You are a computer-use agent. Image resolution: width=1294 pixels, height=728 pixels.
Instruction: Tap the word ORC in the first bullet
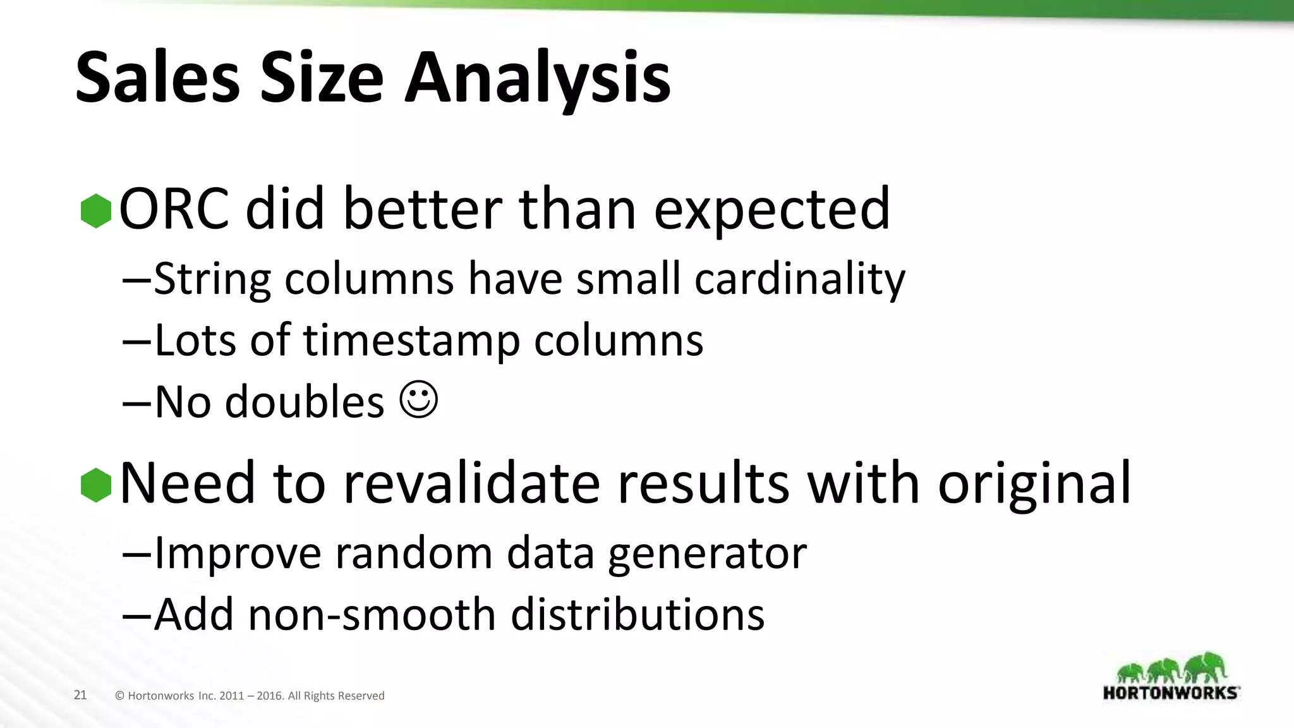(x=174, y=209)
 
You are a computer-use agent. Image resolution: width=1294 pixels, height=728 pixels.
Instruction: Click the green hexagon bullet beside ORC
(x=96, y=210)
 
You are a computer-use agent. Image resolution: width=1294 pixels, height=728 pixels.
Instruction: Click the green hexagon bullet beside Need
(x=96, y=485)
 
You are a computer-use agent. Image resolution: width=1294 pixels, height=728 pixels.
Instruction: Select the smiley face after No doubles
(x=419, y=399)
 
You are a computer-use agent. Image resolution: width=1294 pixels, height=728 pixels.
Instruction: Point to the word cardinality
(x=799, y=279)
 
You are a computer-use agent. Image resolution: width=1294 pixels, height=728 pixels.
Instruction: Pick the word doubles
(x=305, y=402)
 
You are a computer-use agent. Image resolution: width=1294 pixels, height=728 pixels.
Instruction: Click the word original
(x=1034, y=485)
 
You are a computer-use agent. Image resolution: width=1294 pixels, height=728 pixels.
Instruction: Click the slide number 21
(x=80, y=695)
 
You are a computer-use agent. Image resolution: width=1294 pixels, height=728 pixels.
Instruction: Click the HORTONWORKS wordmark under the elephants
(x=1170, y=693)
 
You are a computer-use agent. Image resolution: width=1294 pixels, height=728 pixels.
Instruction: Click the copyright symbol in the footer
(x=119, y=696)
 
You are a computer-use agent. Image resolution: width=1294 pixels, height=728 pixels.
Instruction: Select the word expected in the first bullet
(x=771, y=210)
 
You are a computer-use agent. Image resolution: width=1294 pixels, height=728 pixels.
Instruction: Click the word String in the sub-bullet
(x=212, y=279)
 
